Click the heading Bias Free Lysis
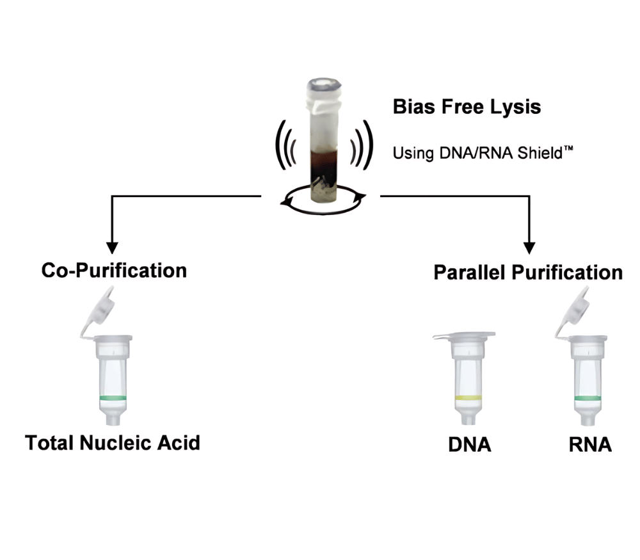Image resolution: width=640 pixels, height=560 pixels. point(467,106)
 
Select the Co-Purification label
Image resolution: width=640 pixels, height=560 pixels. point(114,270)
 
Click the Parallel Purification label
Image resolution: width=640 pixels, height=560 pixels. point(527,272)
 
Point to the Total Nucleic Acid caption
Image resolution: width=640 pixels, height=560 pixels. point(113,442)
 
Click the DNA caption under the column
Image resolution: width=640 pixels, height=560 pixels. point(470,445)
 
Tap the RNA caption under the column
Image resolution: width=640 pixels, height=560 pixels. point(589,445)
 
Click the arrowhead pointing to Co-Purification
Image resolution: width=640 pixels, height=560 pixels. point(112,248)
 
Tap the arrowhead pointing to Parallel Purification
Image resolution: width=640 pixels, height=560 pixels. point(529,248)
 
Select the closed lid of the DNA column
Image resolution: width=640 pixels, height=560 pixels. point(464,336)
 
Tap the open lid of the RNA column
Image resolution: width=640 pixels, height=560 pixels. point(572,306)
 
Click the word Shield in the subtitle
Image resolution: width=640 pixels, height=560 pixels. point(524,154)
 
